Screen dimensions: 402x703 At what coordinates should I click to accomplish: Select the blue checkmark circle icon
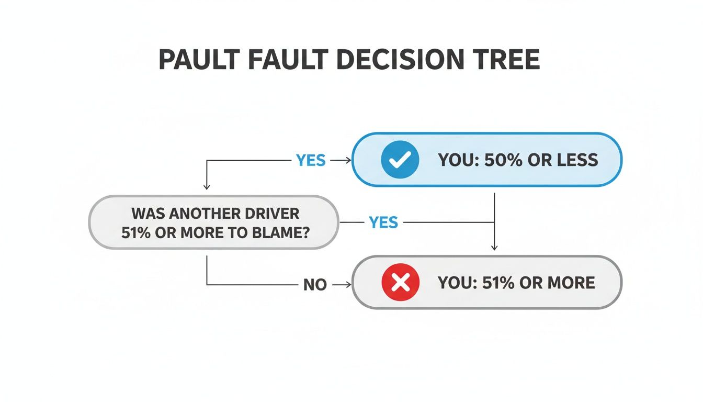(x=400, y=160)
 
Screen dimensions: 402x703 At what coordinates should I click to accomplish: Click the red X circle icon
(x=400, y=283)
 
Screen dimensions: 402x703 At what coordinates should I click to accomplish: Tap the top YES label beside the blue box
(x=311, y=160)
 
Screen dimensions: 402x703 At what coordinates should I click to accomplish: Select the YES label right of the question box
(x=384, y=222)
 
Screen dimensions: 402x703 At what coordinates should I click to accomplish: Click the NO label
(x=315, y=285)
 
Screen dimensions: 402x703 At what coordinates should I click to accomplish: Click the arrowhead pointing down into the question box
(x=207, y=186)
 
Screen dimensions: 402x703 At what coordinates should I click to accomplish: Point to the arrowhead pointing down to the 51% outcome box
(x=494, y=247)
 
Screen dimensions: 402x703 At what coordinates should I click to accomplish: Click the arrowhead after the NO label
(x=347, y=285)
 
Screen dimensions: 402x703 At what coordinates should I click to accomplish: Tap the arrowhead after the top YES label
(x=347, y=160)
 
